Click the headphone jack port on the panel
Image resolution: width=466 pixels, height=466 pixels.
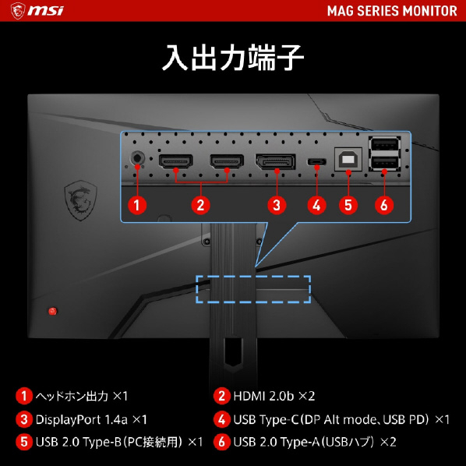tap(138, 157)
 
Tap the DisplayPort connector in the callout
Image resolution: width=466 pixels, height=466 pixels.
tap(276, 161)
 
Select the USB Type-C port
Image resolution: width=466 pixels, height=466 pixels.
tap(317, 161)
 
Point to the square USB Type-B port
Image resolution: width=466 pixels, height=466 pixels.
tap(348, 159)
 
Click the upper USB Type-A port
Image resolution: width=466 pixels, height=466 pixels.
tap(385, 145)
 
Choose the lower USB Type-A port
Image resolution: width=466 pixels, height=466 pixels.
tap(385, 163)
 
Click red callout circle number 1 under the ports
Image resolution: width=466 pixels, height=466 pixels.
tap(137, 205)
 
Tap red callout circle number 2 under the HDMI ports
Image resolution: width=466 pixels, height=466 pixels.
tap(200, 205)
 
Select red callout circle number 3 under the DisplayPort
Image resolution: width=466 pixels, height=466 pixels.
tap(277, 205)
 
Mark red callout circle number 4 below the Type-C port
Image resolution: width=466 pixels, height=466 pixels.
tap(317, 205)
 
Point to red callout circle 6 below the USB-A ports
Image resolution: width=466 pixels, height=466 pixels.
tap(384, 205)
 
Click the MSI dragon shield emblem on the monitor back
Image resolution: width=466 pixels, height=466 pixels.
tap(80, 200)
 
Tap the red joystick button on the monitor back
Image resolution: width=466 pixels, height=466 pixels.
tap(53, 311)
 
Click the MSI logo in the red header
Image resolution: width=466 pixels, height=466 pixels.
tap(37, 11)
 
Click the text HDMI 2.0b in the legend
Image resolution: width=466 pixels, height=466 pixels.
tap(263, 396)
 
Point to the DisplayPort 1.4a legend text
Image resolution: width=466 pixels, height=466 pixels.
tap(81, 419)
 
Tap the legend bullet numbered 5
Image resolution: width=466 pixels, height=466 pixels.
tap(24, 442)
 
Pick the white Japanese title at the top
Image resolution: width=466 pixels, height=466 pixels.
tap(233, 58)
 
